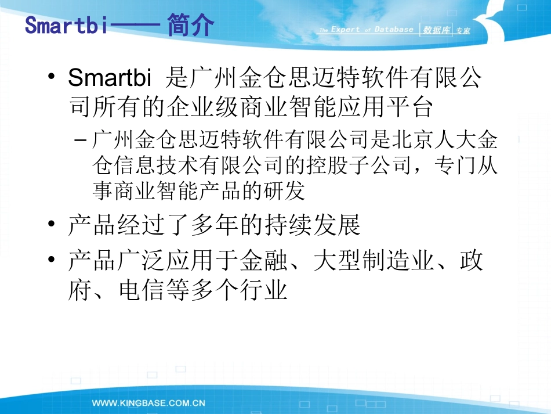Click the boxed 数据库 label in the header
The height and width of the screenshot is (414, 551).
(x=437, y=30)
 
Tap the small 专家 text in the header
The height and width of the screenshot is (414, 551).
(x=463, y=31)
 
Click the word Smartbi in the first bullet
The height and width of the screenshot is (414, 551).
(x=110, y=78)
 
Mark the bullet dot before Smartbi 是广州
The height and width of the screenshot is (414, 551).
(x=53, y=78)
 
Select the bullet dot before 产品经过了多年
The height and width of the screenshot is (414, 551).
(x=53, y=225)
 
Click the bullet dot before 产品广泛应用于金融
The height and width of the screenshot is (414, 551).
(x=53, y=260)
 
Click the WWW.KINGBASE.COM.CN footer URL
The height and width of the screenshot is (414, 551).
(x=149, y=402)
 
